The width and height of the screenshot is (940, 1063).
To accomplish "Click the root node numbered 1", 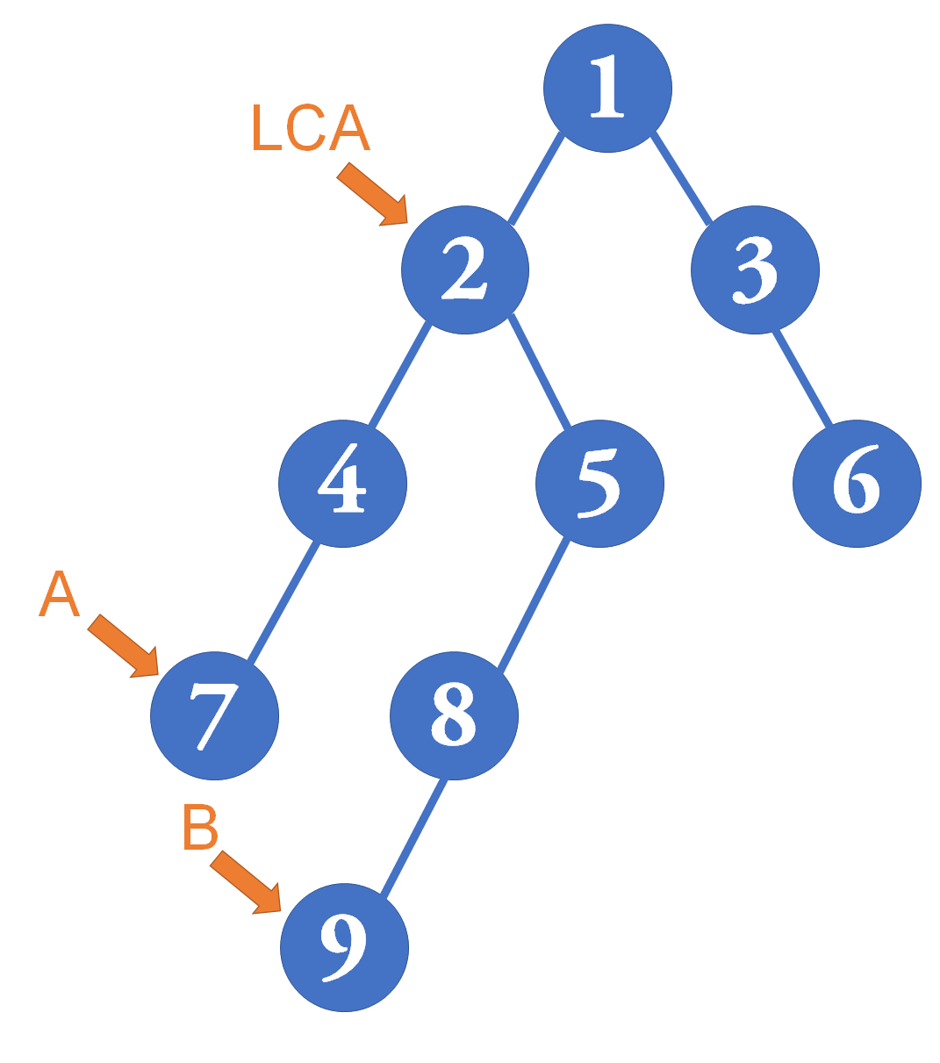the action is (x=607, y=88).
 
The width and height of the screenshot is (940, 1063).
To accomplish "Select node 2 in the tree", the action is (x=465, y=269).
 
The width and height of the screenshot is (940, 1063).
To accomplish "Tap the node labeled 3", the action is (x=755, y=269).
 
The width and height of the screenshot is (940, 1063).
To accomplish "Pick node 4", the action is (x=342, y=484).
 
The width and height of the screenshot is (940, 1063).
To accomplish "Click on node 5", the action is (x=599, y=484).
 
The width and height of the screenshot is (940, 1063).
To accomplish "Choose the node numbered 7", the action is (x=214, y=715).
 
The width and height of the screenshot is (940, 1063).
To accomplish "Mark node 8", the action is (x=455, y=715).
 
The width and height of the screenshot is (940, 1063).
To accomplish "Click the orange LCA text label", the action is (x=311, y=127).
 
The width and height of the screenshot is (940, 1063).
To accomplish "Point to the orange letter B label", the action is (x=200, y=826).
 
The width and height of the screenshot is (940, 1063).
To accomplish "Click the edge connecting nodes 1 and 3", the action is (x=681, y=179).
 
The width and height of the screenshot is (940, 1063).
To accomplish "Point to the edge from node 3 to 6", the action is (x=802, y=377).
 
